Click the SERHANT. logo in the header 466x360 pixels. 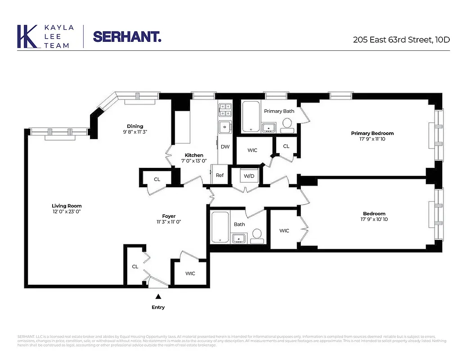tap(127, 36)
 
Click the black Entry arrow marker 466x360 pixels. tap(158, 296)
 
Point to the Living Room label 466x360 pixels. tap(67, 206)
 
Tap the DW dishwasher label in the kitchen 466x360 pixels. tap(225, 147)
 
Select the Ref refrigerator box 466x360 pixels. tap(220, 175)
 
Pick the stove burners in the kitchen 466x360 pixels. tap(225, 110)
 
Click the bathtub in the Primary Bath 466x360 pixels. tap(251, 117)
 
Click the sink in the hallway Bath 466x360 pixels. tap(238, 238)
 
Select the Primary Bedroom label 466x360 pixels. tap(372, 133)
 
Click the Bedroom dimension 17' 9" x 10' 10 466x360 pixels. tap(374, 220)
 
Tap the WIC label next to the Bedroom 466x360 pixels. tap(284, 231)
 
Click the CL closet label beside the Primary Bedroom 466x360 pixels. tap(286, 146)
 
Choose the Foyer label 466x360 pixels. tap(169, 216)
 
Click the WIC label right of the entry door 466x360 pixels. tap(190, 273)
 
